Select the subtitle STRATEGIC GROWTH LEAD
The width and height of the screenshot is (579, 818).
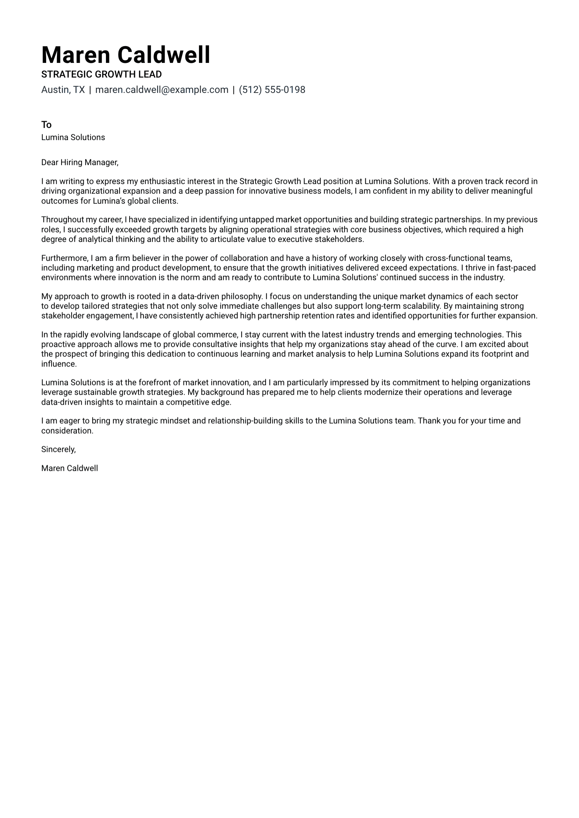coord(101,74)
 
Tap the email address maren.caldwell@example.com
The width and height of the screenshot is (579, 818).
coord(162,90)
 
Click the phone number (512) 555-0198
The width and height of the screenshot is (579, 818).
coord(272,90)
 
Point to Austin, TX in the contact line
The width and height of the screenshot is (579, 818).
coord(63,90)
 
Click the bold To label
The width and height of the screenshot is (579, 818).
coord(46,125)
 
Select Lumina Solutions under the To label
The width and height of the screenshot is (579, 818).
coord(73,138)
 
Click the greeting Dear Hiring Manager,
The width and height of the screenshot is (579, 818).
coord(79,163)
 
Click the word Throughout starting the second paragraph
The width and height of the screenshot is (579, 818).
coord(62,220)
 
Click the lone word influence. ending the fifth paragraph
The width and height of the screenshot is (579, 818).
coord(59,364)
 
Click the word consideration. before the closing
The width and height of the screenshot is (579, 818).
coord(67,431)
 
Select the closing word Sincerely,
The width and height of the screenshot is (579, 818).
coord(58,449)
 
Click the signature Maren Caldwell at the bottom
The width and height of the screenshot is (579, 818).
coord(69,468)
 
